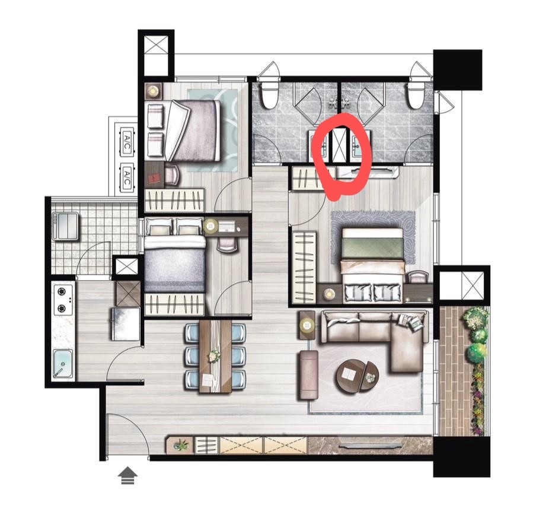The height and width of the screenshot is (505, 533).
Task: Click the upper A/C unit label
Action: (126, 142)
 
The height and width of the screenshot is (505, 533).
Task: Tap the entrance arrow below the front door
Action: (127, 475)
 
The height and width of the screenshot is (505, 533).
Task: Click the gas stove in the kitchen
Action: (63, 300)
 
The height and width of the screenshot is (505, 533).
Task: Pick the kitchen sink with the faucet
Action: (63, 363)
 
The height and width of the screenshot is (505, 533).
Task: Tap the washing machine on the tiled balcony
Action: (65, 227)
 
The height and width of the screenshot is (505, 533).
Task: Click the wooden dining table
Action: (215, 356)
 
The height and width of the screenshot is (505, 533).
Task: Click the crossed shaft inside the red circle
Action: (339, 145)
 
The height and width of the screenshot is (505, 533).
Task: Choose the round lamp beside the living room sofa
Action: (307, 325)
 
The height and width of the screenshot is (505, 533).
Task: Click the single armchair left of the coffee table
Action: (308, 375)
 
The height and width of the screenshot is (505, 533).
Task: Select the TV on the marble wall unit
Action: (369, 446)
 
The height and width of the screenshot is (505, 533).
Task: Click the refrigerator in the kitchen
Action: (126, 323)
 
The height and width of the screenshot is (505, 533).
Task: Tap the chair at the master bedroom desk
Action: (418, 277)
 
